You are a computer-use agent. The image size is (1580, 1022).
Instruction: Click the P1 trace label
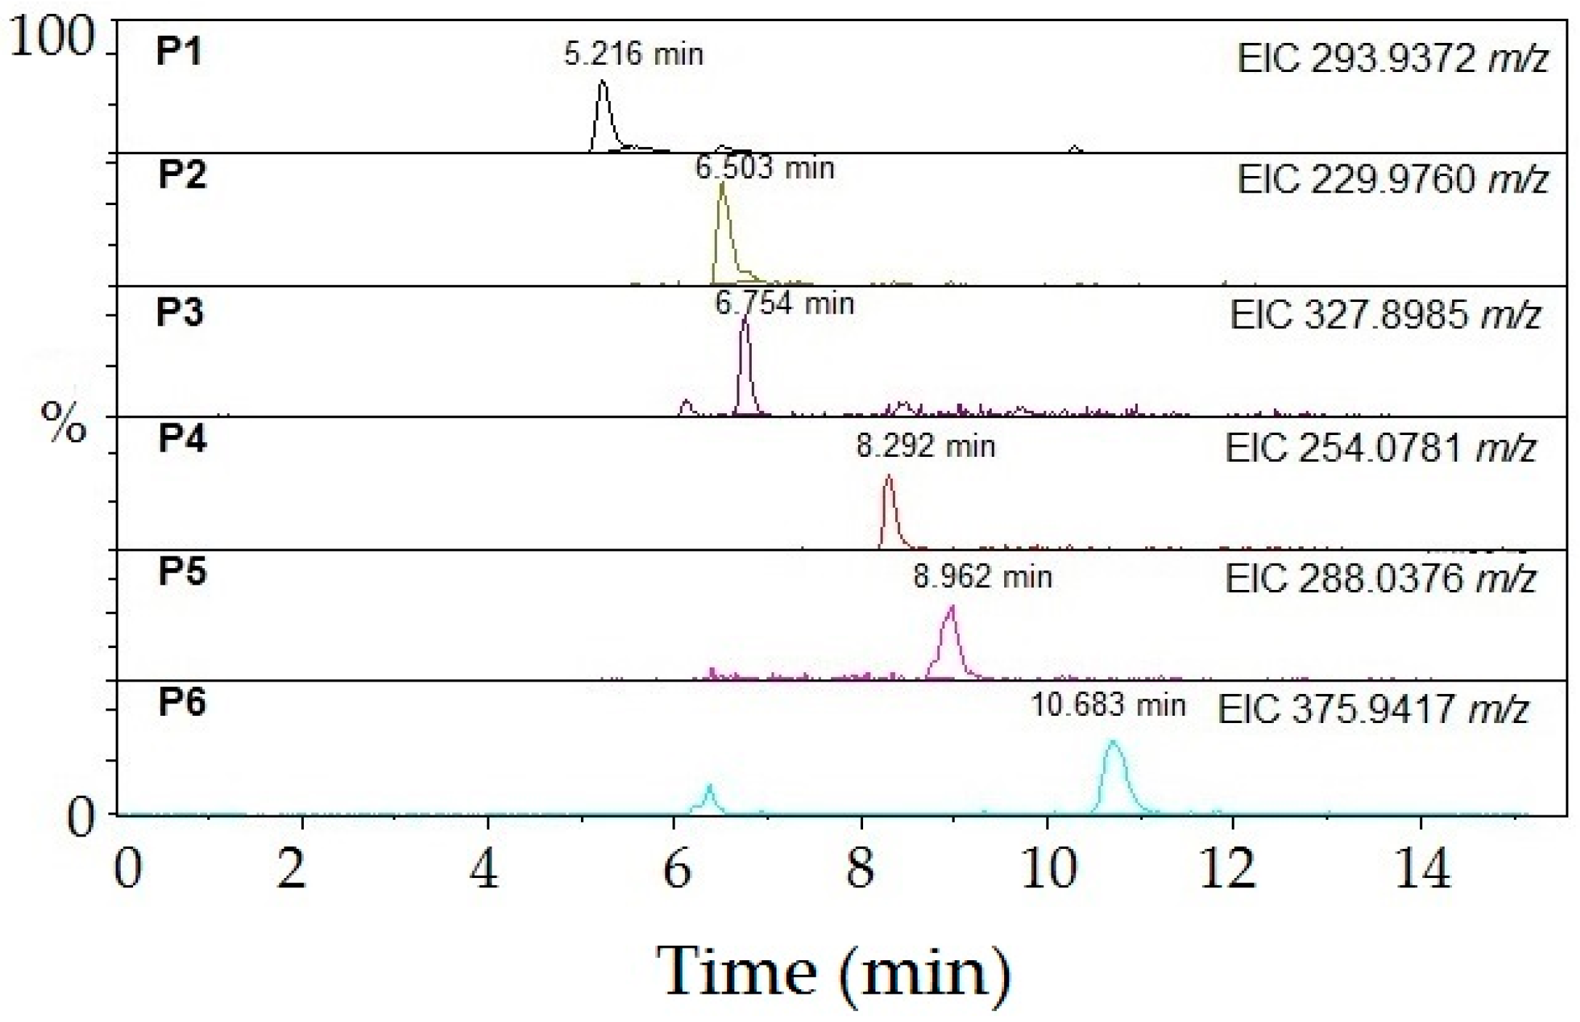pos(179,52)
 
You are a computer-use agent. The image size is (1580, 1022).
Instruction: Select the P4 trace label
pos(182,439)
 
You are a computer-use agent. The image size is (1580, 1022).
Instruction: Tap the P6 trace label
pos(182,703)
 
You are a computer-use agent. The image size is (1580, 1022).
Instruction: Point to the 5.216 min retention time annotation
pos(633,55)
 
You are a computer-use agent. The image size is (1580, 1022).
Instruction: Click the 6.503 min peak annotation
pos(764,168)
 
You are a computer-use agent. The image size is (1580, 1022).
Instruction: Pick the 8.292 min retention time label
pos(925,446)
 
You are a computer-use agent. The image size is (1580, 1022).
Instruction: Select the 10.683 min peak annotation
pos(1108,705)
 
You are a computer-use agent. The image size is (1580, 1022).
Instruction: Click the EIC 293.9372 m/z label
pos(1392,58)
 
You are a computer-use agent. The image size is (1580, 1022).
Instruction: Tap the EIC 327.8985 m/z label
pos(1385,315)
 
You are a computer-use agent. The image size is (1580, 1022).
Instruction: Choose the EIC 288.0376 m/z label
pos(1380,579)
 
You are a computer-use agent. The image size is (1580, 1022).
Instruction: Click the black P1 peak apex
pos(602,83)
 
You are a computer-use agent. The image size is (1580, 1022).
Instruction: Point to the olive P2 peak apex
pos(722,185)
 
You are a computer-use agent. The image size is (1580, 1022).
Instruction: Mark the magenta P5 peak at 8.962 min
pos(951,608)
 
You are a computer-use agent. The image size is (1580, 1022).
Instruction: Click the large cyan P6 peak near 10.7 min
pos(1112,743)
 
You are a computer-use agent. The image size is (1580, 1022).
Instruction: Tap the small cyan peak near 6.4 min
pos(709,787)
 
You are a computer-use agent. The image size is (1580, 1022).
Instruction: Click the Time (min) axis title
pos(833,973)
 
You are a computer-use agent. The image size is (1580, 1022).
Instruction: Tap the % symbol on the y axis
pos(64,422)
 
